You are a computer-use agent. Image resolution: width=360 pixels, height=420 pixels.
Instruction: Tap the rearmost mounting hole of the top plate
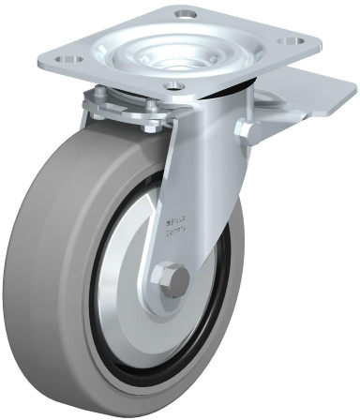coord(185,13)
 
